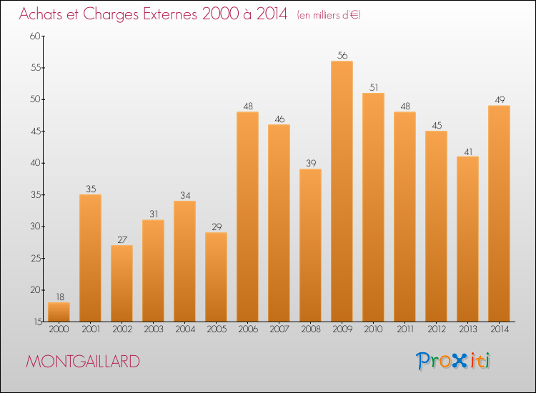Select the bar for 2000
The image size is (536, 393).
point(59,312)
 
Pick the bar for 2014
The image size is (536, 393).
point(499,214)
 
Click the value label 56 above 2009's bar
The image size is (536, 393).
point(342,55)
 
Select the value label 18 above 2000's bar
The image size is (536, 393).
point(59,297)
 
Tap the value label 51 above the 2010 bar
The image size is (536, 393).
point(373,87)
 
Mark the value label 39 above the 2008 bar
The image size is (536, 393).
point(310,163)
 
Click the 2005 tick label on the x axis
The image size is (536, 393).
point(216,329)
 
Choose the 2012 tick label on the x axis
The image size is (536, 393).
point(436,329)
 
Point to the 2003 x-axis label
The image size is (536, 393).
point(153,329)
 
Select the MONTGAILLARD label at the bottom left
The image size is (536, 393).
point(83,362)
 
